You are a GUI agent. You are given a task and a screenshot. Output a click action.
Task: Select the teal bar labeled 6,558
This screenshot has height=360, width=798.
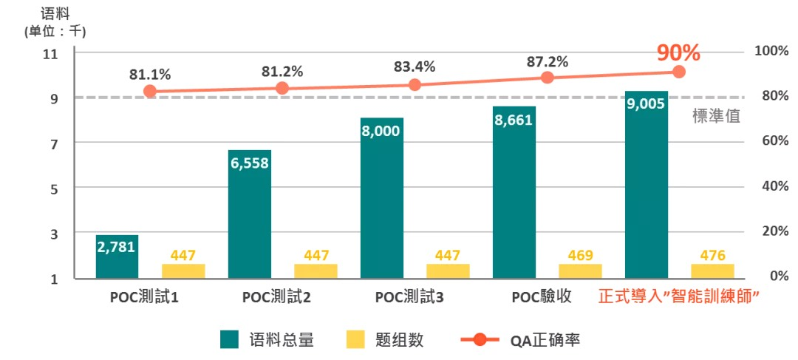click(x=250, y=214)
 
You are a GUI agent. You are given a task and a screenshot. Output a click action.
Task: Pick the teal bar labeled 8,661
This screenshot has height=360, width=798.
click(x=514, y=192)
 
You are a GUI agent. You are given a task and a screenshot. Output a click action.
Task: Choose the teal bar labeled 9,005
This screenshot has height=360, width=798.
click(x=647, y=185)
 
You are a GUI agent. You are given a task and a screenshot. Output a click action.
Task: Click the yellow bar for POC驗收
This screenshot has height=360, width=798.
click(x=580, y=271)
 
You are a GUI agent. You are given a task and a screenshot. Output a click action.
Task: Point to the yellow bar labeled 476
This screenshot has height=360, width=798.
click(x=713, y=271)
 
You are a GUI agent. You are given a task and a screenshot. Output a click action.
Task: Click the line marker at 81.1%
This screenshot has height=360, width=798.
click(x=150, y=92)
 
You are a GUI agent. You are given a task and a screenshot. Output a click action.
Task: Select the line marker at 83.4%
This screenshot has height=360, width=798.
click(x=415, y=85)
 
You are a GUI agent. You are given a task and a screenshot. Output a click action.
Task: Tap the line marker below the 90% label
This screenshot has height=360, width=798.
click(x=679, y=72)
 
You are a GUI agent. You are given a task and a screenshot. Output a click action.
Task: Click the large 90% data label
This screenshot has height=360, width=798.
click(x=678, y=52)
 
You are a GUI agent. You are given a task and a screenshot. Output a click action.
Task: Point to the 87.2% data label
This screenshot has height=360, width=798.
click(x=547, y=61)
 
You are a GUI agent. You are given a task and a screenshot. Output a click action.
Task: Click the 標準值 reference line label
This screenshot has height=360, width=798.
click(x=716, y=116)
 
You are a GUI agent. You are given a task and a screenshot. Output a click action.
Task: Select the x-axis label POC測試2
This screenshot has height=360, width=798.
click(x=276, y=298)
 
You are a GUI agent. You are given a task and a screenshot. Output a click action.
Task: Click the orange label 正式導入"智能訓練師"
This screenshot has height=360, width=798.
click(x=679, y=298)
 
